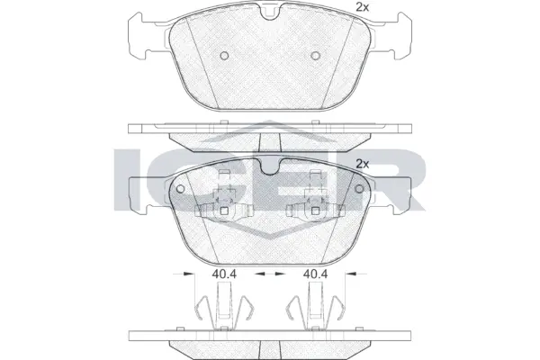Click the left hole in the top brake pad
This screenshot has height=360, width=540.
(224, 56)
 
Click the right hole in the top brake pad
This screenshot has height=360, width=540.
(315, 56)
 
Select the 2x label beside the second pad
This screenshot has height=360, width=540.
(364, 164)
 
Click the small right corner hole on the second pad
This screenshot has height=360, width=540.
(359, 189)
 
